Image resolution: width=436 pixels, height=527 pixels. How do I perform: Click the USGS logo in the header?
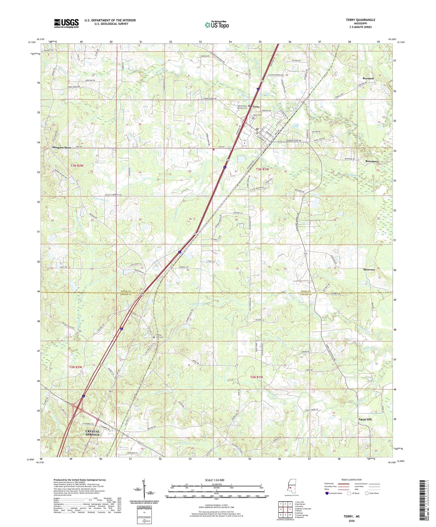(66, 23)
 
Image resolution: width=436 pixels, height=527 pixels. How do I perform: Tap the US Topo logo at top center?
(216, 25)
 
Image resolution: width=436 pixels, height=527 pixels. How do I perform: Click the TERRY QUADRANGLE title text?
(360, 20)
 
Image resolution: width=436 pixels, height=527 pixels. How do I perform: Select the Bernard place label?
(368, 78)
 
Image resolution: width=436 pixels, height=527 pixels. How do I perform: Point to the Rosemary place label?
(372, 161)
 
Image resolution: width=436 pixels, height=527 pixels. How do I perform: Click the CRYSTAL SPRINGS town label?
(92, 433)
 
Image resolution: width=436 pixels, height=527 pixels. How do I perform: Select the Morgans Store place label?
(62, 148)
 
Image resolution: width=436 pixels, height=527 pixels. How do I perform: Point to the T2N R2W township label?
(75, 367)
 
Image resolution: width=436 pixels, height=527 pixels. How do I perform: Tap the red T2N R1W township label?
(256, 377)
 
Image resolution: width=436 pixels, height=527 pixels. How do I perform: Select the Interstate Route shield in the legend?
(327, 493)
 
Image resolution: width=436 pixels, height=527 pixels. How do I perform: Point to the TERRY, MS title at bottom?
(352, 516)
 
